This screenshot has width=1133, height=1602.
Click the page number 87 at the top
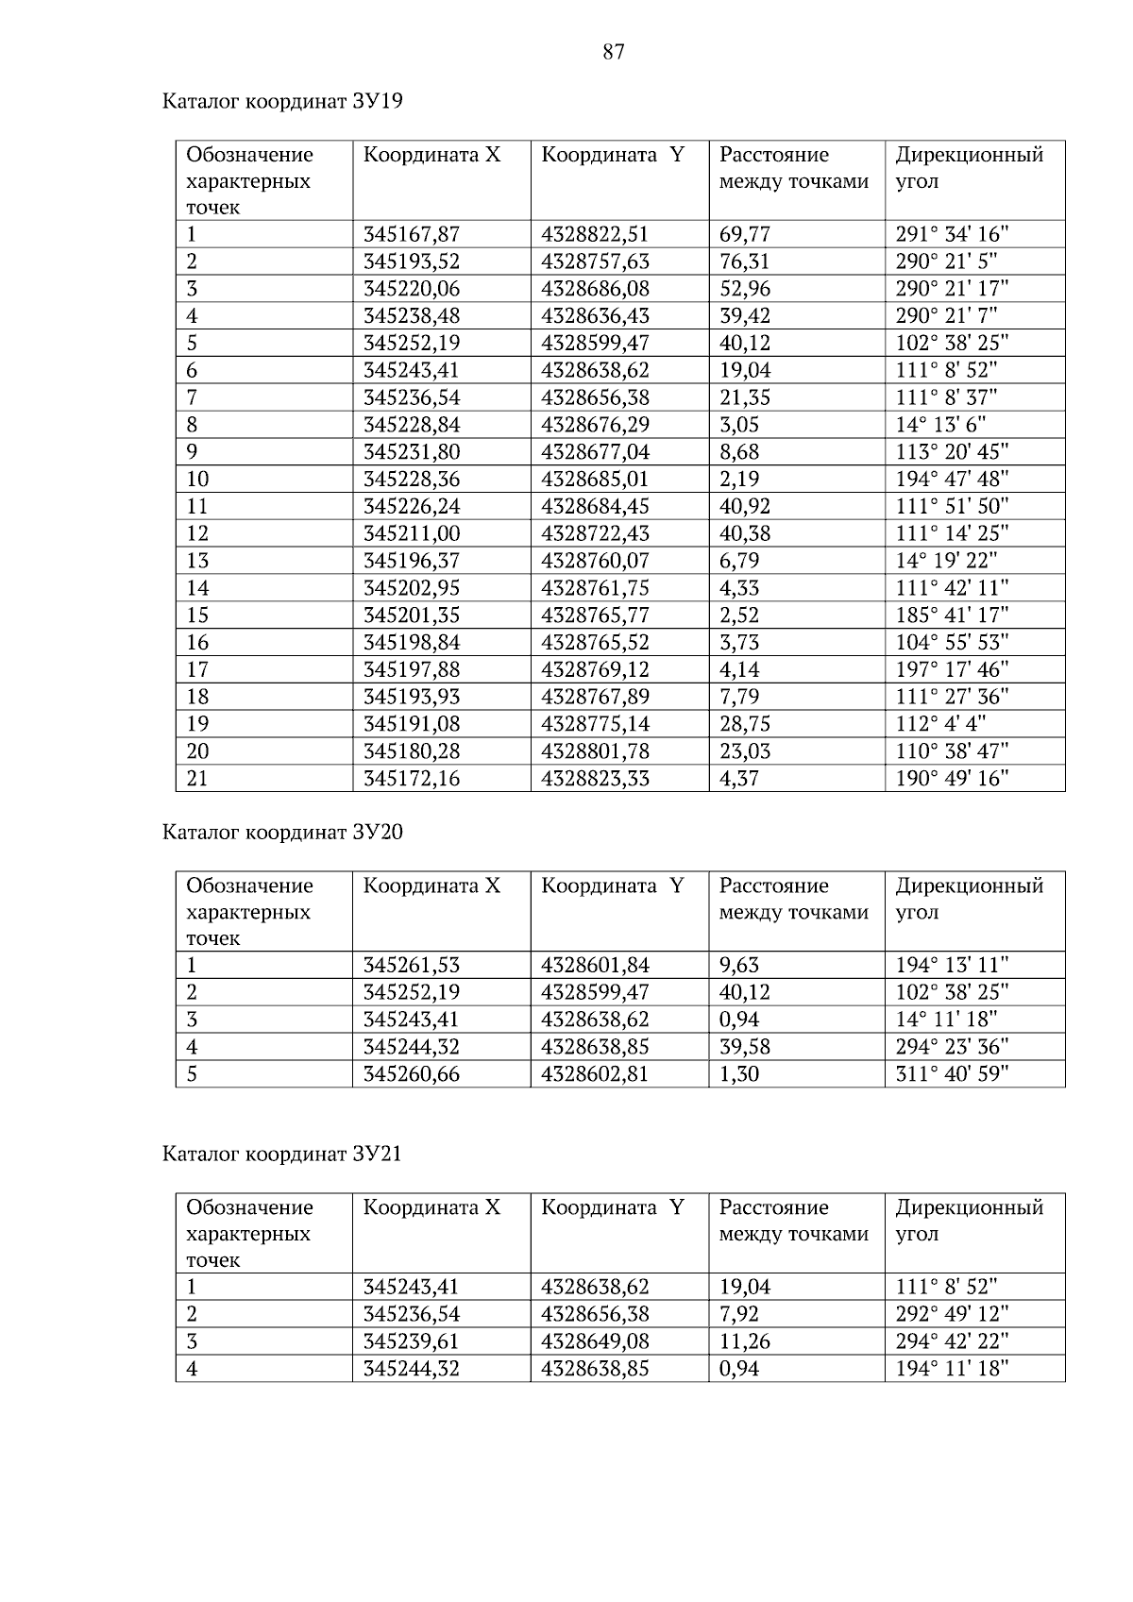pyautogui.click(x=613, y=52)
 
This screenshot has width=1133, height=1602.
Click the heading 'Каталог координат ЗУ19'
pyautogui.click(x=282, y=101)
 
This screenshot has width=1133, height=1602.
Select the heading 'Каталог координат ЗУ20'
pyautogui.click(x=282, y=832)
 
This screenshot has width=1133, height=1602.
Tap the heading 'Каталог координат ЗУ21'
pyautogui.click(x=282, y=1154)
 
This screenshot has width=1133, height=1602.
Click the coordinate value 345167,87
pyautogui.click(x=412, y=234)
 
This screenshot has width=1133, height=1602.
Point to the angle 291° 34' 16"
pyautogui.click(x=952, y=234)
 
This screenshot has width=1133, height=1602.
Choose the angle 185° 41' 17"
pyautogui.click(x=952, y=616)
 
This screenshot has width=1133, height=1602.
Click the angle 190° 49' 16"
pyautogui.click(x=952, y=779)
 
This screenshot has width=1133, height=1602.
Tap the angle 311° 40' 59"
pyautogui.click(x=952, y=1074)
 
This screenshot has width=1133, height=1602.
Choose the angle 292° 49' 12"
pyautogui.click(x=952, y=1314)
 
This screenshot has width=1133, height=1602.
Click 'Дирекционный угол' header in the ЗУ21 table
pyautogui.click(x=969, y=1221)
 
